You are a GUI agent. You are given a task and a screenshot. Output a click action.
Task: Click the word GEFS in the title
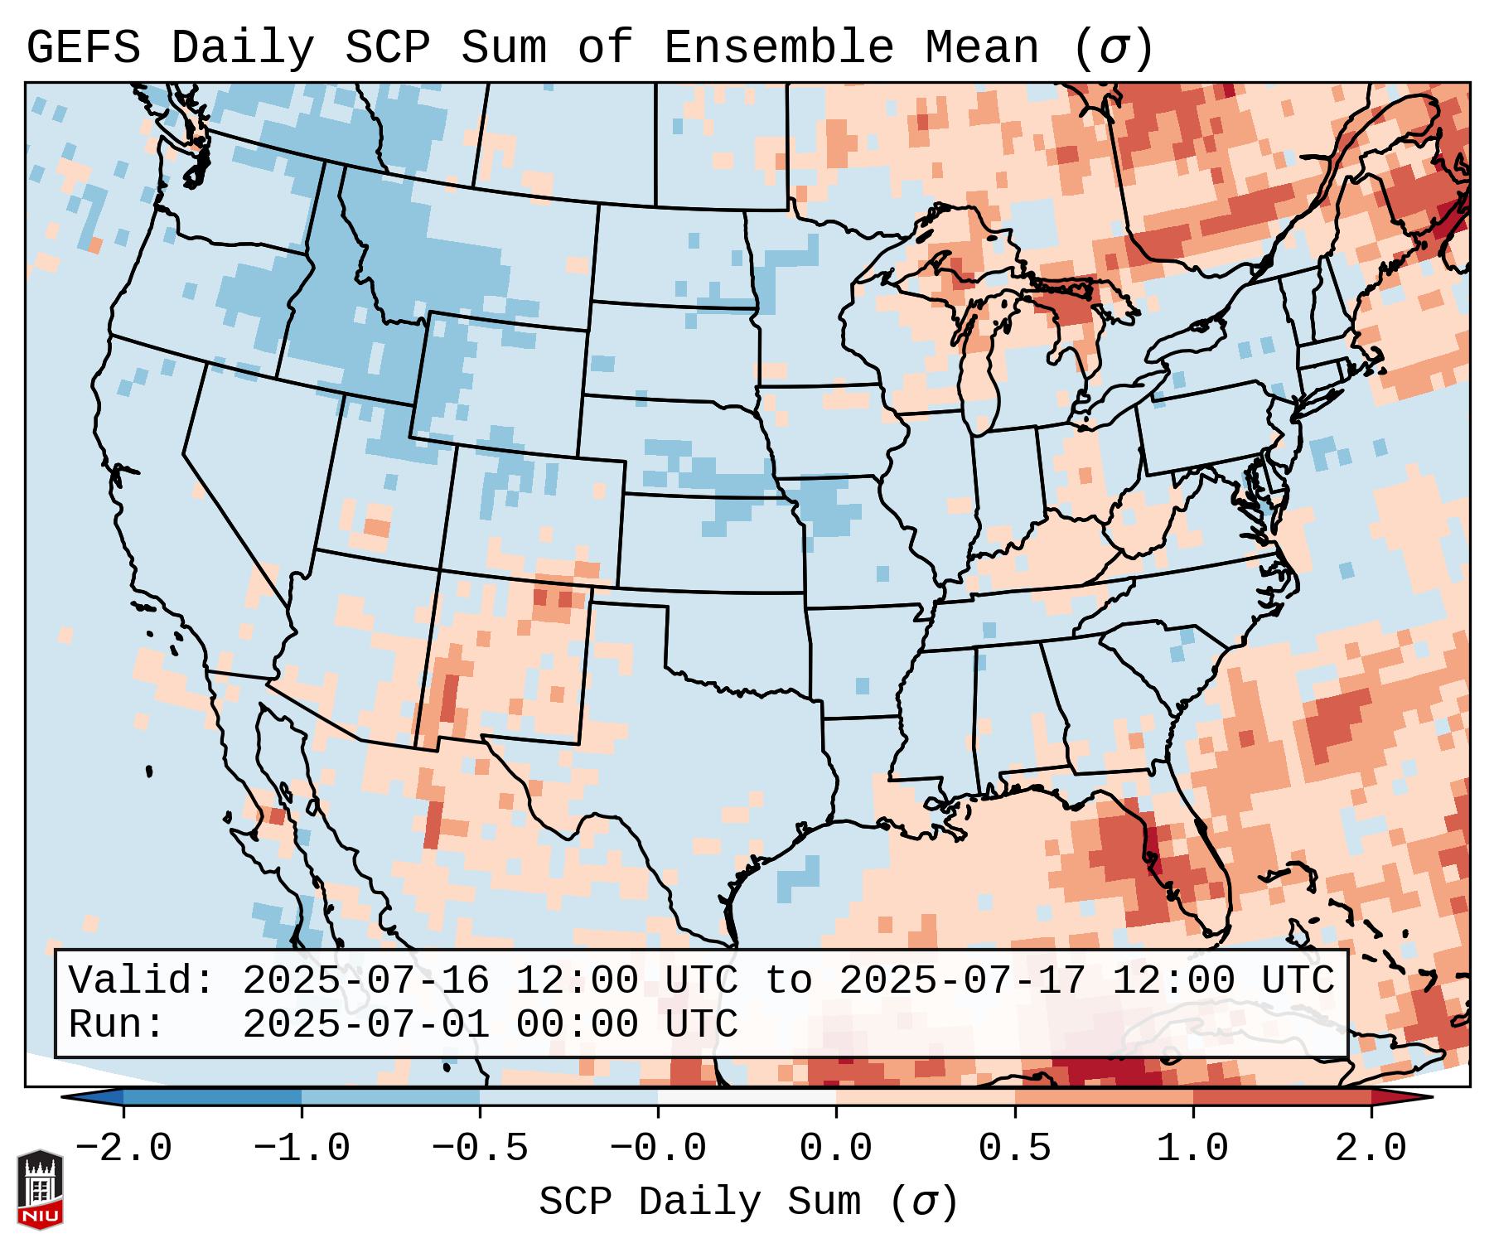click(83, 47)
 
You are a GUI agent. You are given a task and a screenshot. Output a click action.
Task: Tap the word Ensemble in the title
click(778, 47)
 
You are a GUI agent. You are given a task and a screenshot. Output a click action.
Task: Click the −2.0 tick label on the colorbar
click(123, 1149)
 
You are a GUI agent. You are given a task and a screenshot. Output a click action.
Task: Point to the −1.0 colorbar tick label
click(302, 1149)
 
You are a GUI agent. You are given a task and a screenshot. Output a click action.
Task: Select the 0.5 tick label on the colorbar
click(1014, 1149)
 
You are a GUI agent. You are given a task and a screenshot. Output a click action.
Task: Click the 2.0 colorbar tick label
click(1371, 1149)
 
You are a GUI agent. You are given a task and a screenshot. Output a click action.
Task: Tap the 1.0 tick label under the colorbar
click(1192, 1149)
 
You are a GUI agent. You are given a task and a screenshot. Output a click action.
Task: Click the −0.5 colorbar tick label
click(480, 1149)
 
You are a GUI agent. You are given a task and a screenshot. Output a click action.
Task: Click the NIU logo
click(40, 1189)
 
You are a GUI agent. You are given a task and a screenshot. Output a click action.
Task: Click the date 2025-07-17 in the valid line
click(962, 980)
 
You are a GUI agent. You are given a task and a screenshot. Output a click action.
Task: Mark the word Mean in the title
click(981, 47)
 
